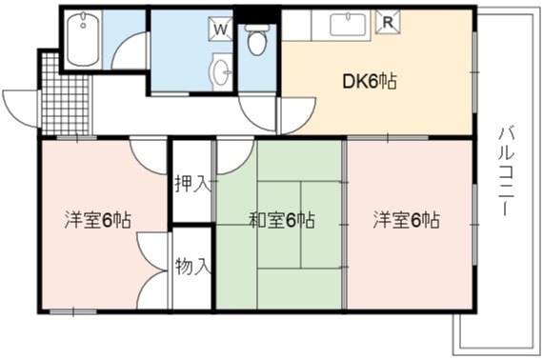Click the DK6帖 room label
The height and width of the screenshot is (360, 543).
point(370,82)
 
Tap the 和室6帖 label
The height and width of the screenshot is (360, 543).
point(282,220)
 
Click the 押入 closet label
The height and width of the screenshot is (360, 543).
point(192,184)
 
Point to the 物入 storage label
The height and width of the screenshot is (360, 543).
point(192,267)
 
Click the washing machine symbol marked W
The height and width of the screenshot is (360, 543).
point(220,30)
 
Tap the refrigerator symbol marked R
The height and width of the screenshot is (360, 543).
point(388,23)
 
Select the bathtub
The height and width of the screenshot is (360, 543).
point(83,39)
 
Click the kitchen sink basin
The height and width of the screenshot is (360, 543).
point(348,25)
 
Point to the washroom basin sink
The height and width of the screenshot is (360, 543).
point(221,72)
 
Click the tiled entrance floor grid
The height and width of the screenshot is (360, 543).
point(65,94)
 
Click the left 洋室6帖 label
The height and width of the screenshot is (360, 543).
point(98,220)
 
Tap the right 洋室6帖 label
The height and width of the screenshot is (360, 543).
point(406,220)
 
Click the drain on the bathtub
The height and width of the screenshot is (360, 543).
point(83,25)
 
